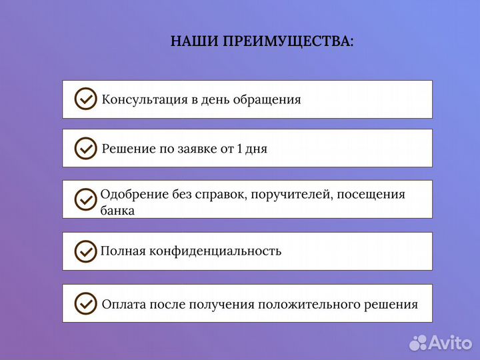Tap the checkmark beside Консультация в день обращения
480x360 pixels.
[85, 99]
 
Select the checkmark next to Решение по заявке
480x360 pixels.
[85, 148]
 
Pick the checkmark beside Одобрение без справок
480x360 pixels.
[85, 199]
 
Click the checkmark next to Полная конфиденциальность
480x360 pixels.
[85, 251]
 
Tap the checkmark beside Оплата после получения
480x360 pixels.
[85, 303]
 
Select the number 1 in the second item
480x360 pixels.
[240, 149]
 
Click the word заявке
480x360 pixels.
[197, 149]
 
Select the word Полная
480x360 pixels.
[121, 251]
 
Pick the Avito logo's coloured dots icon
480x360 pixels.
[418, 343]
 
